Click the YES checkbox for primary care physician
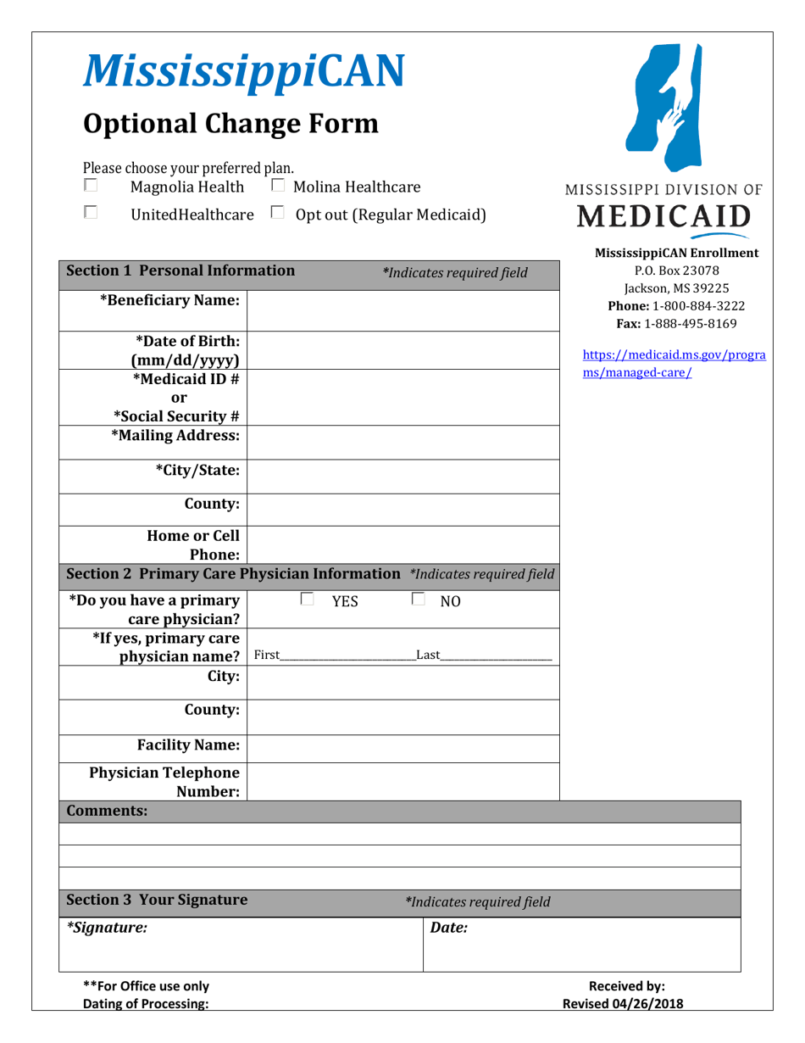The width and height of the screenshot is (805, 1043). tap(307, 600)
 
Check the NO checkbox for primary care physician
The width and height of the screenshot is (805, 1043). tap(418, 600)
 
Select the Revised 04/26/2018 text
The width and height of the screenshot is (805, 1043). tap(624, 1004)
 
